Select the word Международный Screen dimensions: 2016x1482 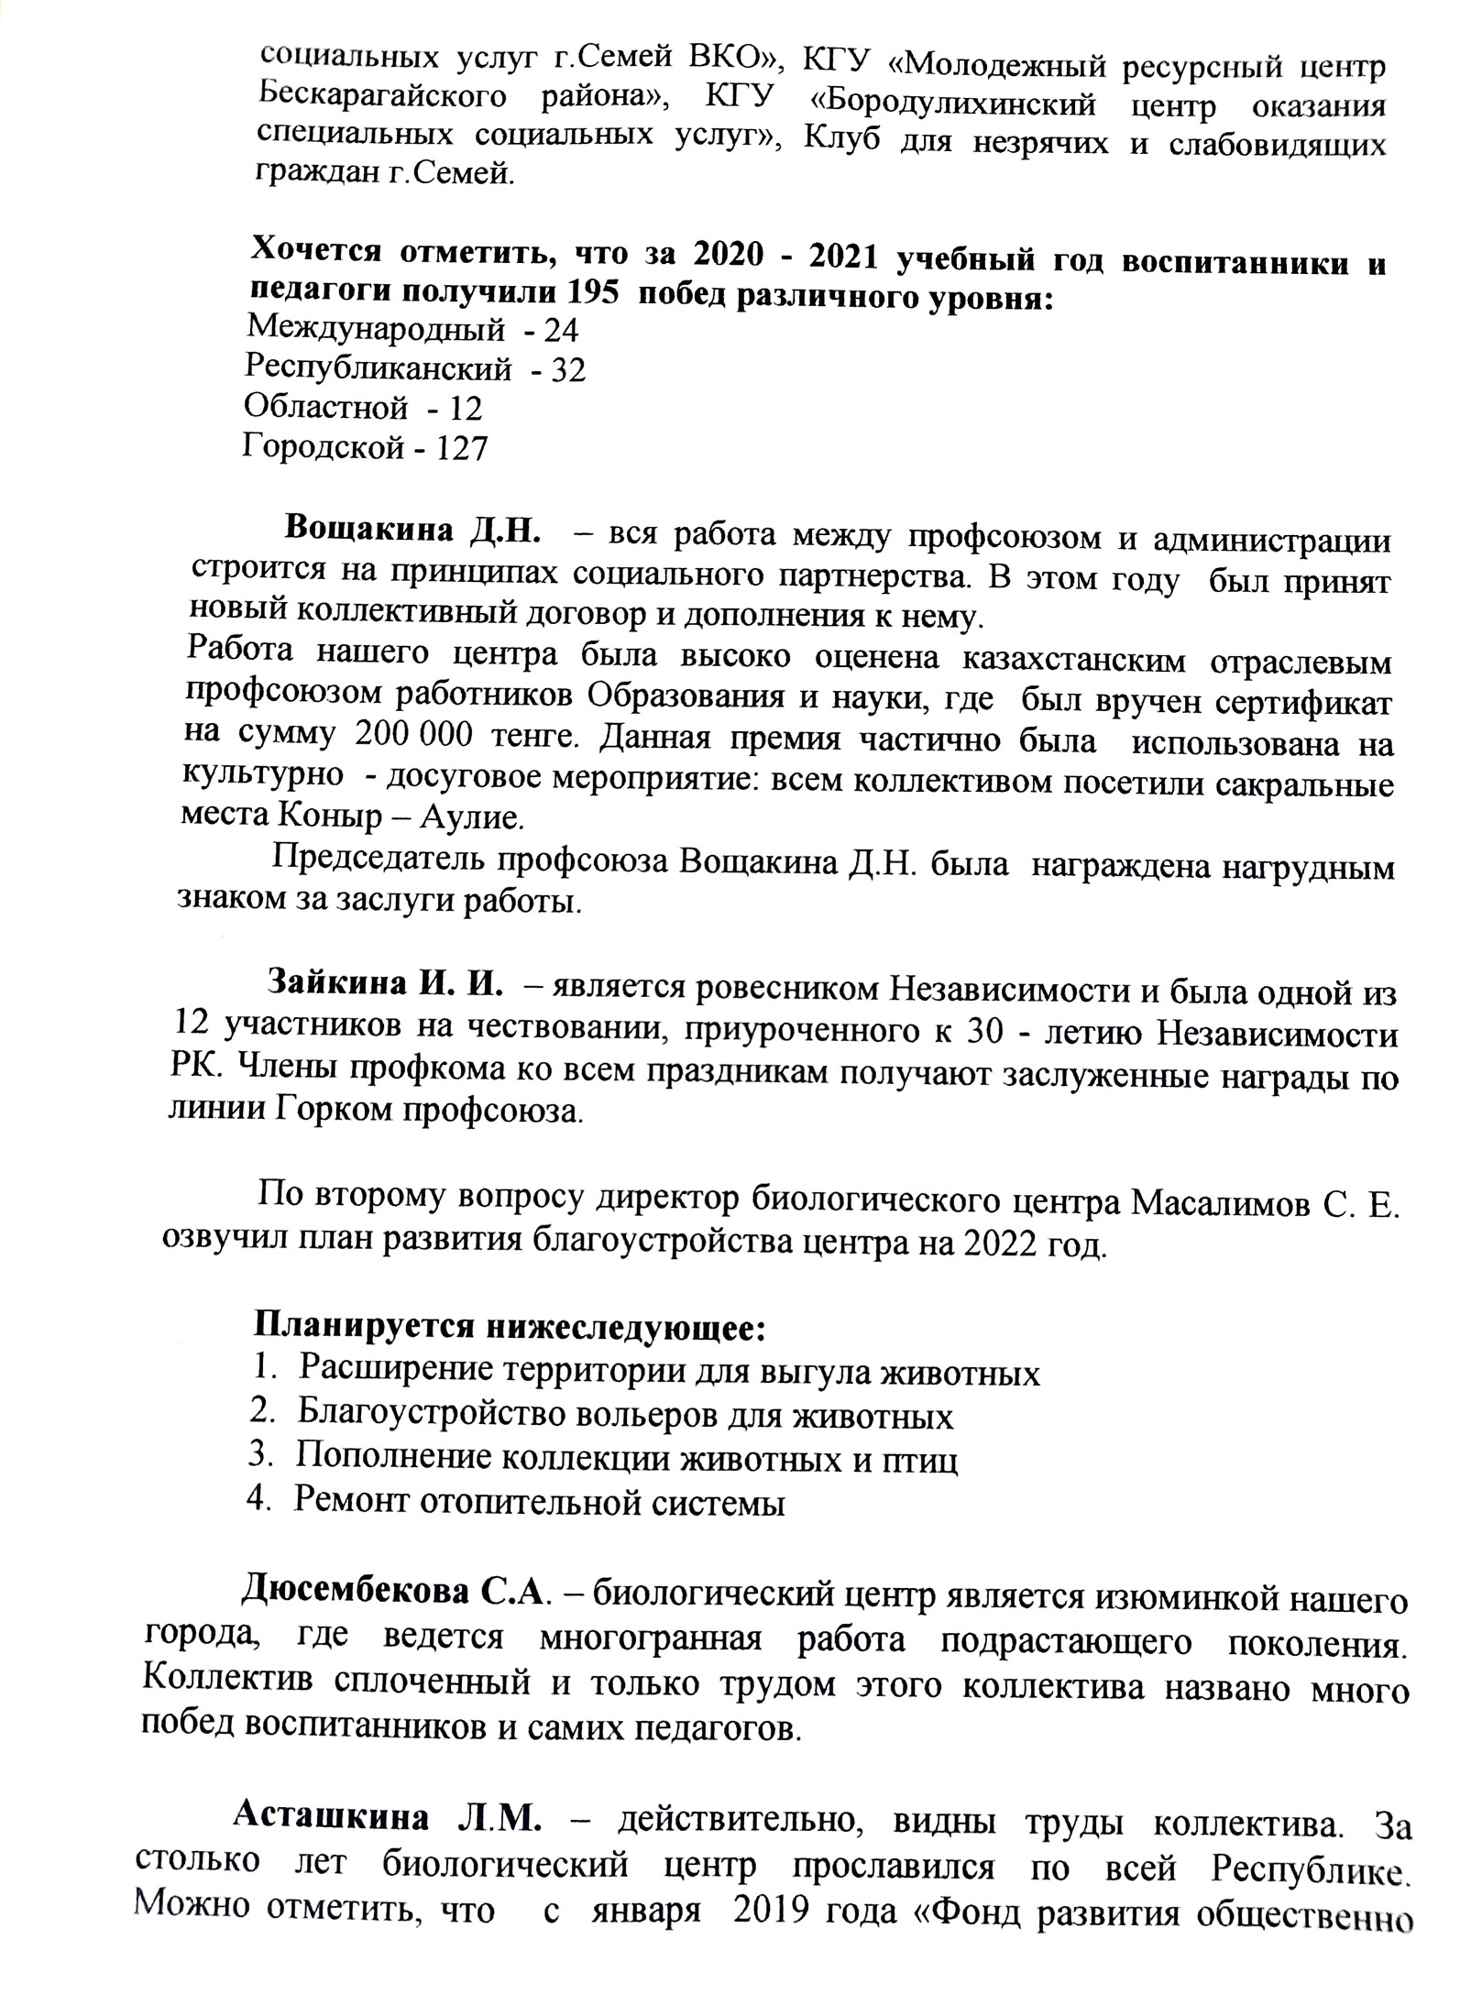point(376,329)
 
